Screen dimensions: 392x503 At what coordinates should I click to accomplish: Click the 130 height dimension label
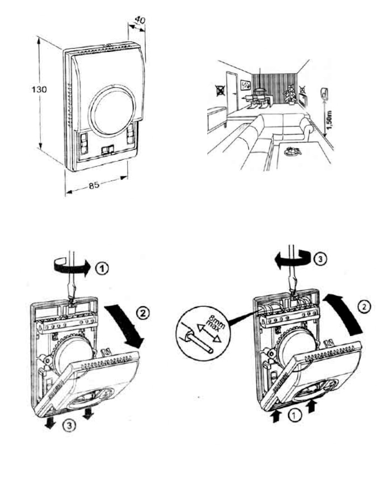[x=39, y=89]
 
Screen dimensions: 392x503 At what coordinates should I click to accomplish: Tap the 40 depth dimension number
[x=139, y=20]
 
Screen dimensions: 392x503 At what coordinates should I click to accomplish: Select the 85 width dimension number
[x=94, y=185]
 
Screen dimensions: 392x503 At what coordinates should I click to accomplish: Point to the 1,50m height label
[x=328, y=119]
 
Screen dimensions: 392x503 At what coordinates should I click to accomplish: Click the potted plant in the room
[x=290, y=93]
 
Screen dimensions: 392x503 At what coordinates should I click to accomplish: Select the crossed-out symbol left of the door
[x=220, y=91]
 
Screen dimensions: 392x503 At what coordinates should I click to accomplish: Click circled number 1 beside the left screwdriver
[x=102, y=268]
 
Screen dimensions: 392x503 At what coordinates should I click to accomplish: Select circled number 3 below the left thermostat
[x=70, y=425]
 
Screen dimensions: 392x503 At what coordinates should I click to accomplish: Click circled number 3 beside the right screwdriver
[x=320, y=259]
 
